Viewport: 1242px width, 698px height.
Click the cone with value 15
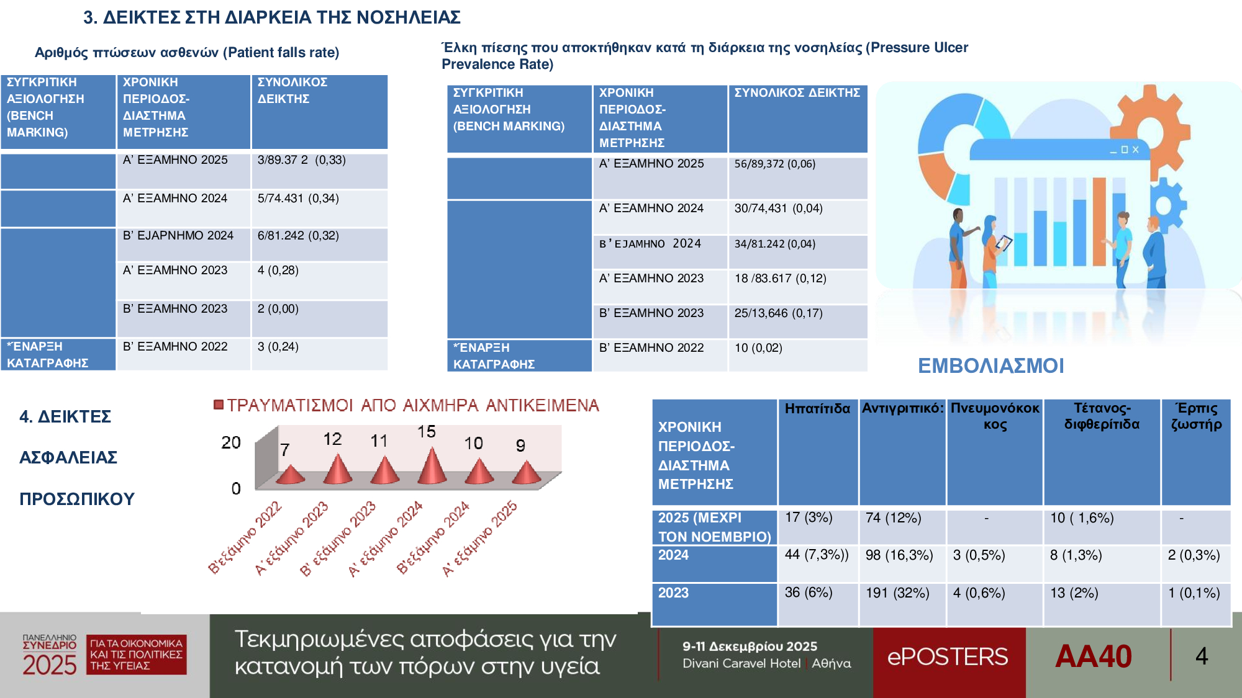[x=432, y=467]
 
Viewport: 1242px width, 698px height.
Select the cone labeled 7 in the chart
[x=289, y=475]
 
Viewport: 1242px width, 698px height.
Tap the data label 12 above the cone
[x=332, y=439]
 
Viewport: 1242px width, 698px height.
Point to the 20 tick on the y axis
[x=230, y=442]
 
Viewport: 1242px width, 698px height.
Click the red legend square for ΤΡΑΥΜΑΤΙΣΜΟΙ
[x=218, y=405]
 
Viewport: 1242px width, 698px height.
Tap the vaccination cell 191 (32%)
[x=897, y=593]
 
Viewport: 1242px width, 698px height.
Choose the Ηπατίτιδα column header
[x=817, y=409]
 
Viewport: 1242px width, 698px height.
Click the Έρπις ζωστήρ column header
[x=1196, y=416]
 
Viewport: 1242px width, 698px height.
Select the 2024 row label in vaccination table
[x=674, y=555]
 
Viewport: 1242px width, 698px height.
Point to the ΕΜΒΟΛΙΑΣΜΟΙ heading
[x=990, y=366]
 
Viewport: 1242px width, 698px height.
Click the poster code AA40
[x=1093, y=656]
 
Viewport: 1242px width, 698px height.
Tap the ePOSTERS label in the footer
[x=948, y=656]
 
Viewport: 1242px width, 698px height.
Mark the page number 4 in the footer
[x=1202, y=656]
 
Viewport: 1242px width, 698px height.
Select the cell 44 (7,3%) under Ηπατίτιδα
[x=816, y=555]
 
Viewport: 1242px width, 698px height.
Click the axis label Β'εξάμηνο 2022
[x=245, y=537]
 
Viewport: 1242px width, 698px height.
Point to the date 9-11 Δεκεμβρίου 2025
[x=750, y=647]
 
